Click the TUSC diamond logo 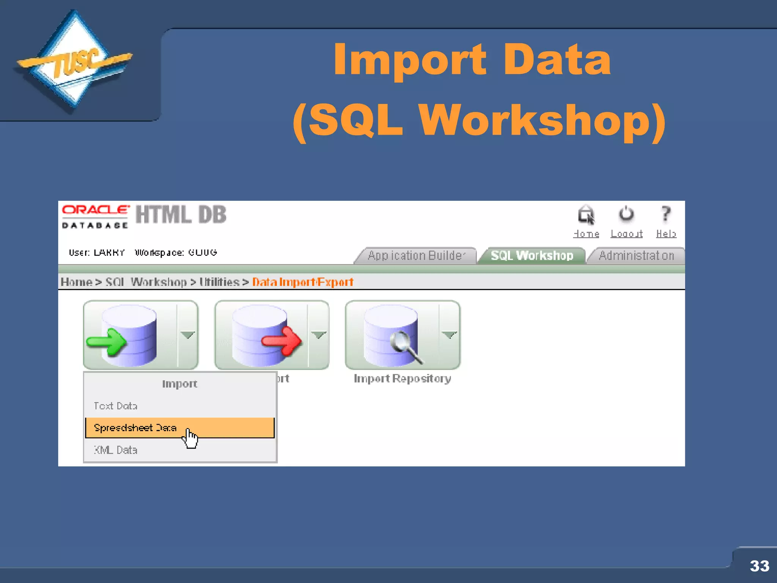[x=74, y=61]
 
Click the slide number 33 [x=759, y=566]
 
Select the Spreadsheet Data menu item [x=135, y=428]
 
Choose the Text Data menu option [x=115, y=406]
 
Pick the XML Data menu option [x=115, y=450]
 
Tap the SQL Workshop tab [x=532, y=255]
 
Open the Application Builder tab [x=416, y=255]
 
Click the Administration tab [x=636, y=255]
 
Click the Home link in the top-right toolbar [x=586, y=233]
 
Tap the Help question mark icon [x=666, y=214]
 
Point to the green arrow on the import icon [x=107, y=341]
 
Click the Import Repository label [x=402, y=378]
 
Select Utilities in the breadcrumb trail [x=219, y=282]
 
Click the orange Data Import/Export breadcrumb [x=303, y=282]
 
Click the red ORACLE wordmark [x=96, y=210]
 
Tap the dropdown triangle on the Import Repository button [x=449, y=334]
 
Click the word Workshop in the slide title [x=535, y=121]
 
